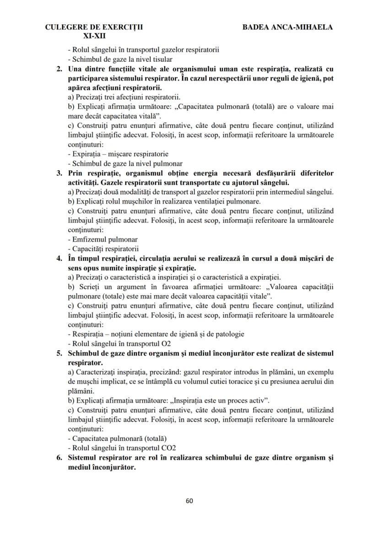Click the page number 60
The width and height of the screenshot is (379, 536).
pos(189,500)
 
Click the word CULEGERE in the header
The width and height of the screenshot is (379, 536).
pos(65,27)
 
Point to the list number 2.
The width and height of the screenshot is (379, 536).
pos(59,69)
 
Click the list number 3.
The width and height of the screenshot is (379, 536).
pos(59,173)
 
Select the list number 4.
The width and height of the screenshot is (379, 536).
pos(59,258)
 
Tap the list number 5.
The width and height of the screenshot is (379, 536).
pos(59,353)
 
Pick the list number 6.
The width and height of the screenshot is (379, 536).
pos(59,457)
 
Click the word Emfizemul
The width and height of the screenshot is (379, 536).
pos(89,239)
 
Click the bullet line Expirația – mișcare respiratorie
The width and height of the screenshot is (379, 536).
pos(118,154)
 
